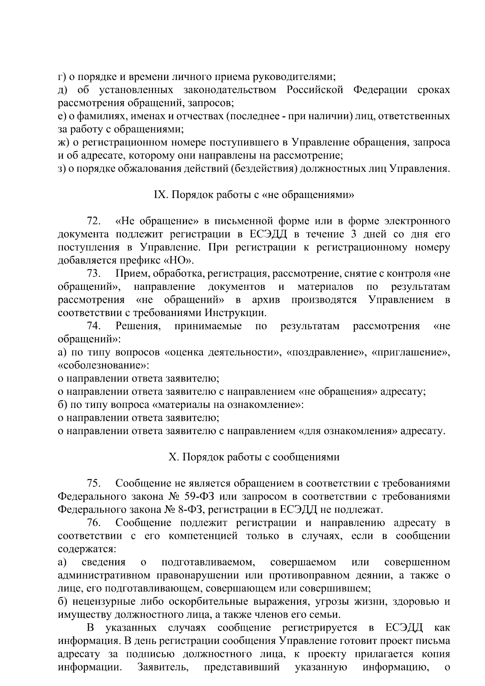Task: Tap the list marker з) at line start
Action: tap(61, 169)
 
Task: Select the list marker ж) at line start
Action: tap(63, 142)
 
